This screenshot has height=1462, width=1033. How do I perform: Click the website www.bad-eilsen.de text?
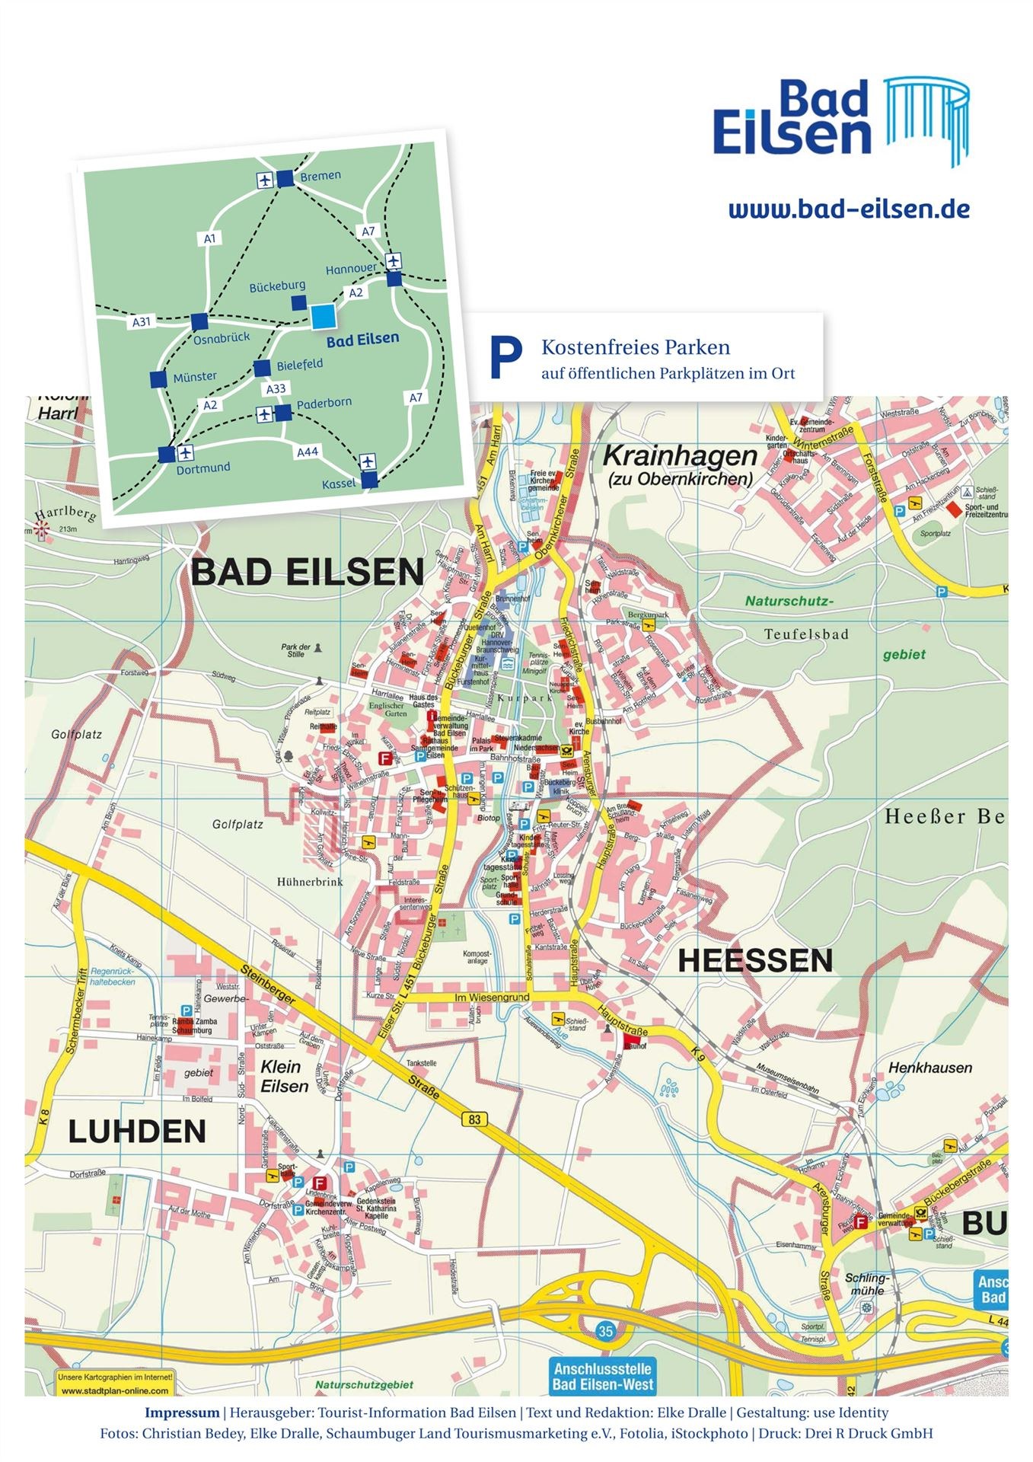[849, 209]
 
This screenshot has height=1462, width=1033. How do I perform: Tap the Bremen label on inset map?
[320, 176]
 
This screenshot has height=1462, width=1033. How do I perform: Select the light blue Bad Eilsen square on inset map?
[323, 316]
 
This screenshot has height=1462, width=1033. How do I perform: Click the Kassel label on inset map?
[339, 484]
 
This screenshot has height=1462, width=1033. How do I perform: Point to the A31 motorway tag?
[142, 322]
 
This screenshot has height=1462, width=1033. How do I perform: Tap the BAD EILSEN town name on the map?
[308, 572]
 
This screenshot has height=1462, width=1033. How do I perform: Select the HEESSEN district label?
[755, 960]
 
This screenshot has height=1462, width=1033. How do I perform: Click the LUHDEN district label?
[137, 1132]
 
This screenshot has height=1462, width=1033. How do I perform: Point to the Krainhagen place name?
[680, 456]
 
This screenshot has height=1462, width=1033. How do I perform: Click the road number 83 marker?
[474, 1119]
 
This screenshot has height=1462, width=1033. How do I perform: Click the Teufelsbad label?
[806, 634]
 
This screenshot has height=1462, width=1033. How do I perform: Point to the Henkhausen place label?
[930, 1068]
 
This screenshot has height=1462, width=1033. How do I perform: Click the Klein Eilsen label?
[283, 1077]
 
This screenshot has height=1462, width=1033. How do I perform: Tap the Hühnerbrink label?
[310, 882]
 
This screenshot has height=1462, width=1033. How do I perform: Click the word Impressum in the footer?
[182, 1413]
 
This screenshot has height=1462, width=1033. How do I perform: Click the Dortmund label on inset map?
[203, 468]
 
